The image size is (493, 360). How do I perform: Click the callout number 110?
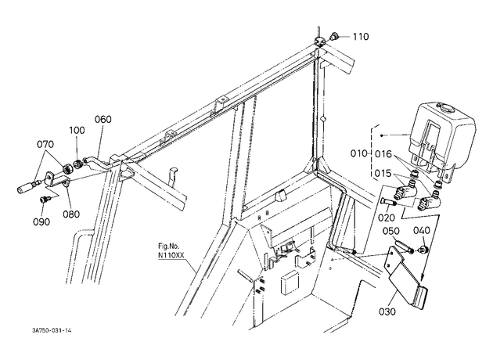(360, 37)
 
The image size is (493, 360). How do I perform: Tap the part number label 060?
(103, 120)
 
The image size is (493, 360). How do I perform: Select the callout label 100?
(77, 130)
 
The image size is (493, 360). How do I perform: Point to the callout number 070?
(45, 144)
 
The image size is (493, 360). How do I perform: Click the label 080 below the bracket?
(71, 214)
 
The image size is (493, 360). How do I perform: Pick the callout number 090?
(41, 222)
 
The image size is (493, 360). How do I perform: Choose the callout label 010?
(359, 153)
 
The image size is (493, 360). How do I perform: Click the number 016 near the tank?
(383, 154)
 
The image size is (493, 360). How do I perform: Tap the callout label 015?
(383, 174)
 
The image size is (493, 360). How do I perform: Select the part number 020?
(387, 218)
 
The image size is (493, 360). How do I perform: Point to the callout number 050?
(391, 231)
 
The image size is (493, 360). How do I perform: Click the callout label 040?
(421, 230)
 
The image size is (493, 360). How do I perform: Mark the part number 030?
(387, 312)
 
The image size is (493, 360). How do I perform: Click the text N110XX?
(171, 255)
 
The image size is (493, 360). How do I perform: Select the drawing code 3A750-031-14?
(52, 330)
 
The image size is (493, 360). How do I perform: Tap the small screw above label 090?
(44, 200)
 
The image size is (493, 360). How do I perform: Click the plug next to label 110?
(333, 36)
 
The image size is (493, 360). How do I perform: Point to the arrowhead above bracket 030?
(423, 277)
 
